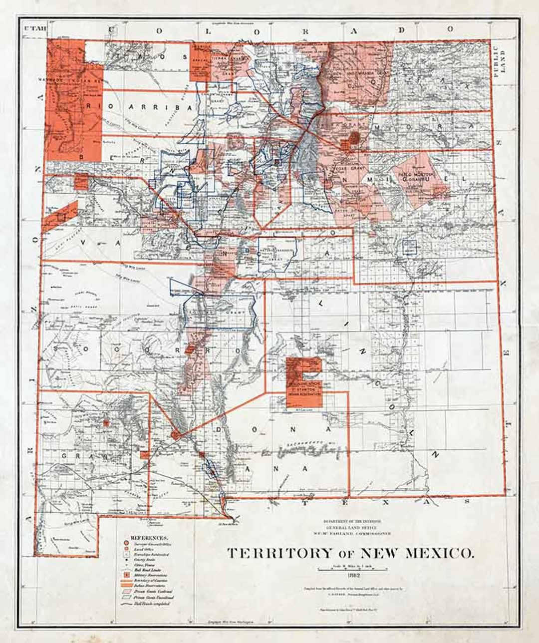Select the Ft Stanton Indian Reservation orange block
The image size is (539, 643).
pos(303,382)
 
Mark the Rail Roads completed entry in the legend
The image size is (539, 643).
pos(150,603)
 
